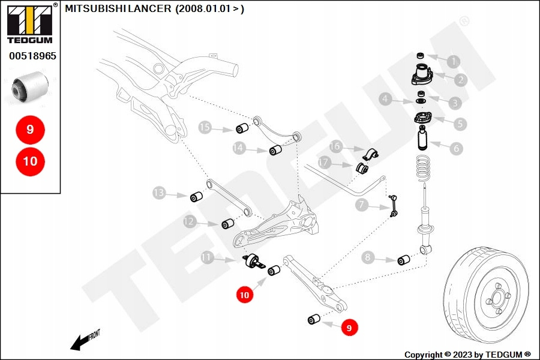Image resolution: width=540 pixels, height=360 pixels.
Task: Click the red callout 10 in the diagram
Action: coord(244,295)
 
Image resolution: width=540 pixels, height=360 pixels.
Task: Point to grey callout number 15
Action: coord(206,127)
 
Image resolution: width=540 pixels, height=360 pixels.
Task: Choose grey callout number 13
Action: coord(158,193)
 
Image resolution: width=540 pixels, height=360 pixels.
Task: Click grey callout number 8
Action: coord(369,258)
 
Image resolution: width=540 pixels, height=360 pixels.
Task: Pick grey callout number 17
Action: coord(325,162)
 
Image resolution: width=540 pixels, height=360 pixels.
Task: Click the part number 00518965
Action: coord(32,56)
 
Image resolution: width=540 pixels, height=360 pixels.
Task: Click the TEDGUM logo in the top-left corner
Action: coord(29,23)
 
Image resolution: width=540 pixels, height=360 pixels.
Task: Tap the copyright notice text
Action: coord(467,355)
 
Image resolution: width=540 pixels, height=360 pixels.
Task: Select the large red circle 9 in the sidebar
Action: coord(30,129)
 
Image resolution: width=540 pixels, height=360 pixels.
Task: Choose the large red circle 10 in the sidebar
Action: coord(30,161)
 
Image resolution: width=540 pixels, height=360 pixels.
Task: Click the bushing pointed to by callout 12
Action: coord(228,224)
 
